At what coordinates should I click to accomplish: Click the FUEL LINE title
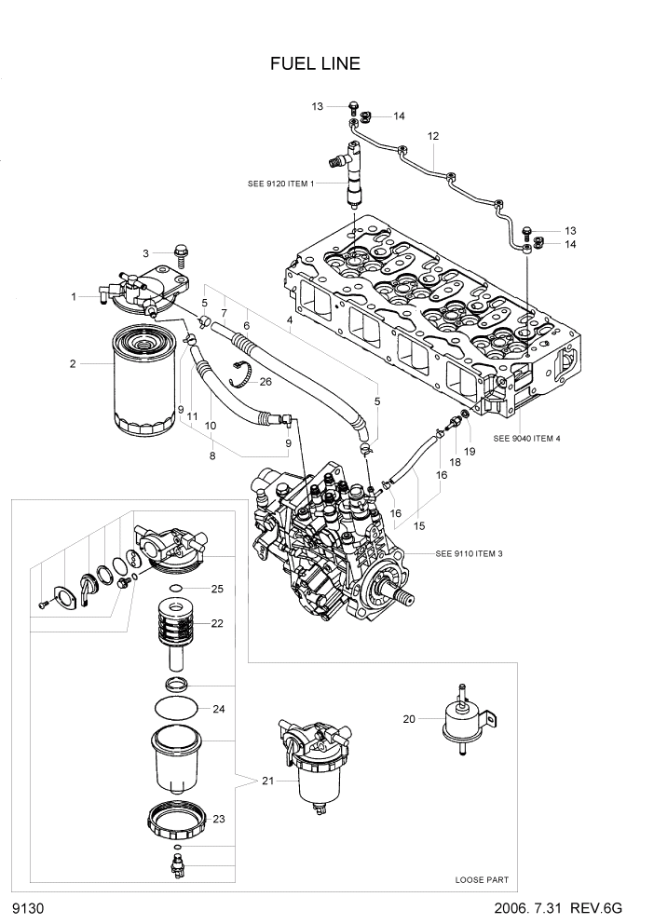pos(315,63)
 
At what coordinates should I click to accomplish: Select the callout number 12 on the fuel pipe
pos(433,137)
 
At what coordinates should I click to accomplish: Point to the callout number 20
pos(408,718)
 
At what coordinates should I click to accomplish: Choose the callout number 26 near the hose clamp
pos(266,381)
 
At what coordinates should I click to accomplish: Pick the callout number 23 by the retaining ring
pos(219,819)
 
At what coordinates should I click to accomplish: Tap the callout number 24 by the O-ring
pos(218,709)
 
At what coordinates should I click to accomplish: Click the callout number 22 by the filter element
pos(218,623)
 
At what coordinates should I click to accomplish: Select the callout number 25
pos(217,589)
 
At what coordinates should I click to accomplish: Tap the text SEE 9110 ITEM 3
pos(469,553)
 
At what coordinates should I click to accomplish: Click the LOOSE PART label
pos(482,879)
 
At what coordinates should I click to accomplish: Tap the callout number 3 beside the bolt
pos(145,253)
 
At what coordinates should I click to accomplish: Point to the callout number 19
pos(470,451)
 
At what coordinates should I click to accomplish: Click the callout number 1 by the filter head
pos(73,296)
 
